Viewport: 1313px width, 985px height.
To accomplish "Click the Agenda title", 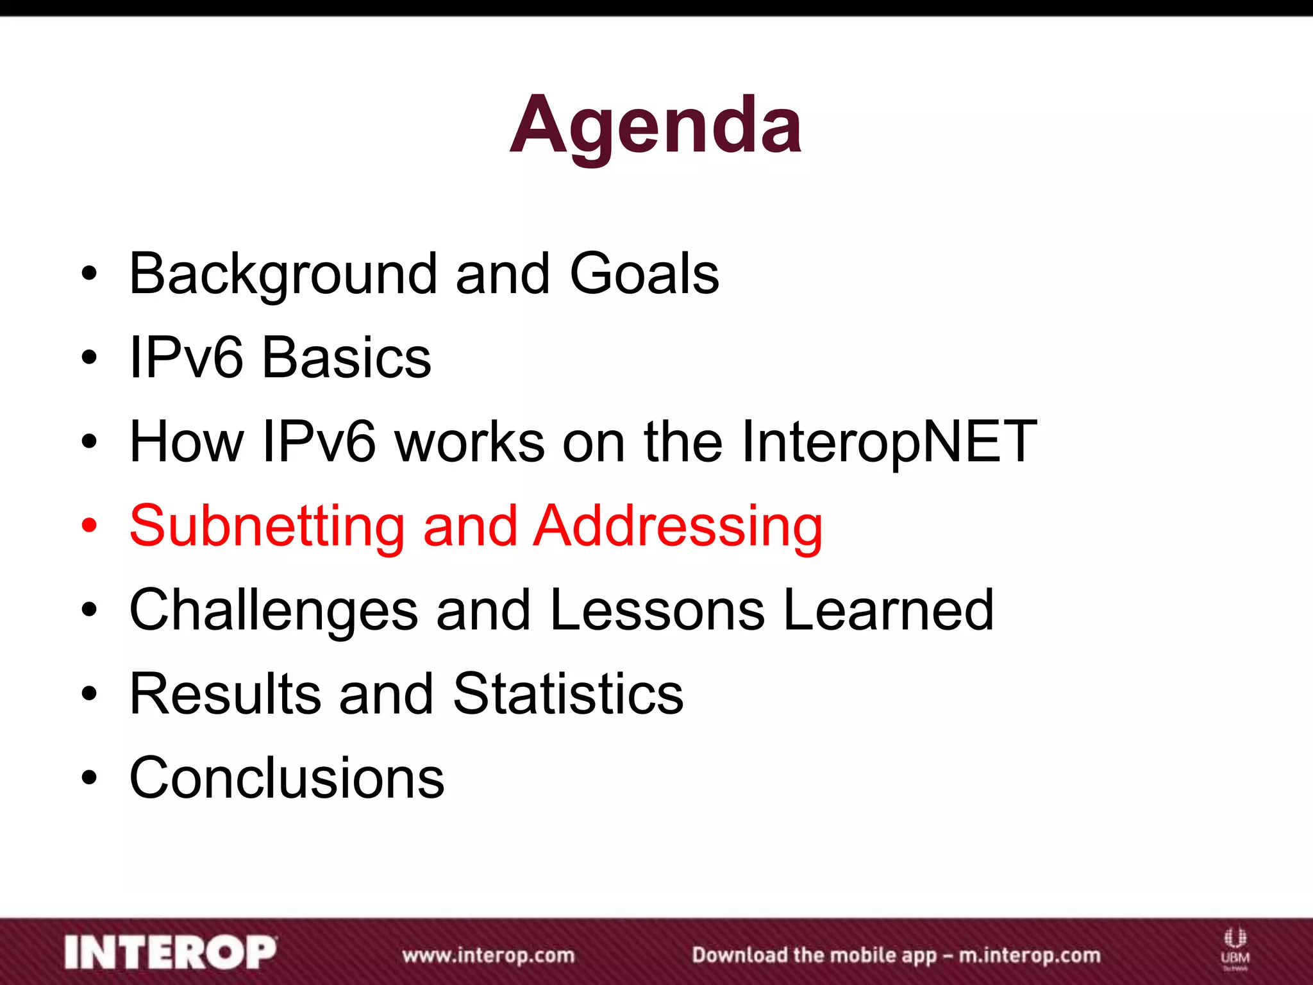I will pyautogui.click(x=655, y=125).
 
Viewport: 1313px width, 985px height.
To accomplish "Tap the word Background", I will pyautogui.click(x=283, y=274).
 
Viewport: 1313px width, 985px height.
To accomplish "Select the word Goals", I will pyautogui.click(x=644, y=274).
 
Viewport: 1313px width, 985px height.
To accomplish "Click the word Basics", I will pyautogui.click(x=347, y=358).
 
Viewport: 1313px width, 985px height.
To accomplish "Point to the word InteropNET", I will pyautogui.click(x=889, y=442).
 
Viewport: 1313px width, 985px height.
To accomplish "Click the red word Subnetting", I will pyautogui.click(x=267, y=526).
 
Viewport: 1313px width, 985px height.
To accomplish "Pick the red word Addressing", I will pyautogui.click(x=678, y=527).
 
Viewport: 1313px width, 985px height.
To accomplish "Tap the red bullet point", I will pyautogui.click(x=89, y=526).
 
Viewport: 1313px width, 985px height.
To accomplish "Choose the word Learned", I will pyautogui.click(x=889, y=610).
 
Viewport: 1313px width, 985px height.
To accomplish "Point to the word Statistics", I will pyautogui.click(x=568, y=694).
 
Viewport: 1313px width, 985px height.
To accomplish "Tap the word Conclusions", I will pyautogui.click(x=287, y=778).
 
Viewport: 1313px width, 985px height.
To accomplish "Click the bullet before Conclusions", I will pyautogui.click(x=89, y=778).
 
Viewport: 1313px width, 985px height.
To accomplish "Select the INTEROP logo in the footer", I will pyautogui.click(x=171, y=952).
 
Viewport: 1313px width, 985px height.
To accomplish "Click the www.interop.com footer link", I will pyautogui.click(x=489, y=955).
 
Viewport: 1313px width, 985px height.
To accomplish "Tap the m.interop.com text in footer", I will pyautogui.click(x=1029, y=955).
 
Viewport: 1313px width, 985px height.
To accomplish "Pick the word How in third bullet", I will pyautogui.click(x=187, y=442).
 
